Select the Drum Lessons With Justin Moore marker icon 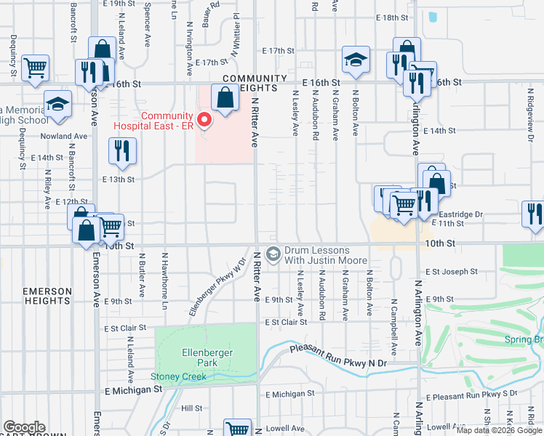pos(273,254)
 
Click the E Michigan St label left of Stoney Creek pos(132,390)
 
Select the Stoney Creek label pos(178,376)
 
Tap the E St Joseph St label pos(452,272)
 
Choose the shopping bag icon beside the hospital pos(225,97)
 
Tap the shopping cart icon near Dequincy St pos(35,67)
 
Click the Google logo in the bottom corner pos(24,428)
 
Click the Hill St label pos(191,408)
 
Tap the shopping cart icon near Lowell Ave pos(236,429)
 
